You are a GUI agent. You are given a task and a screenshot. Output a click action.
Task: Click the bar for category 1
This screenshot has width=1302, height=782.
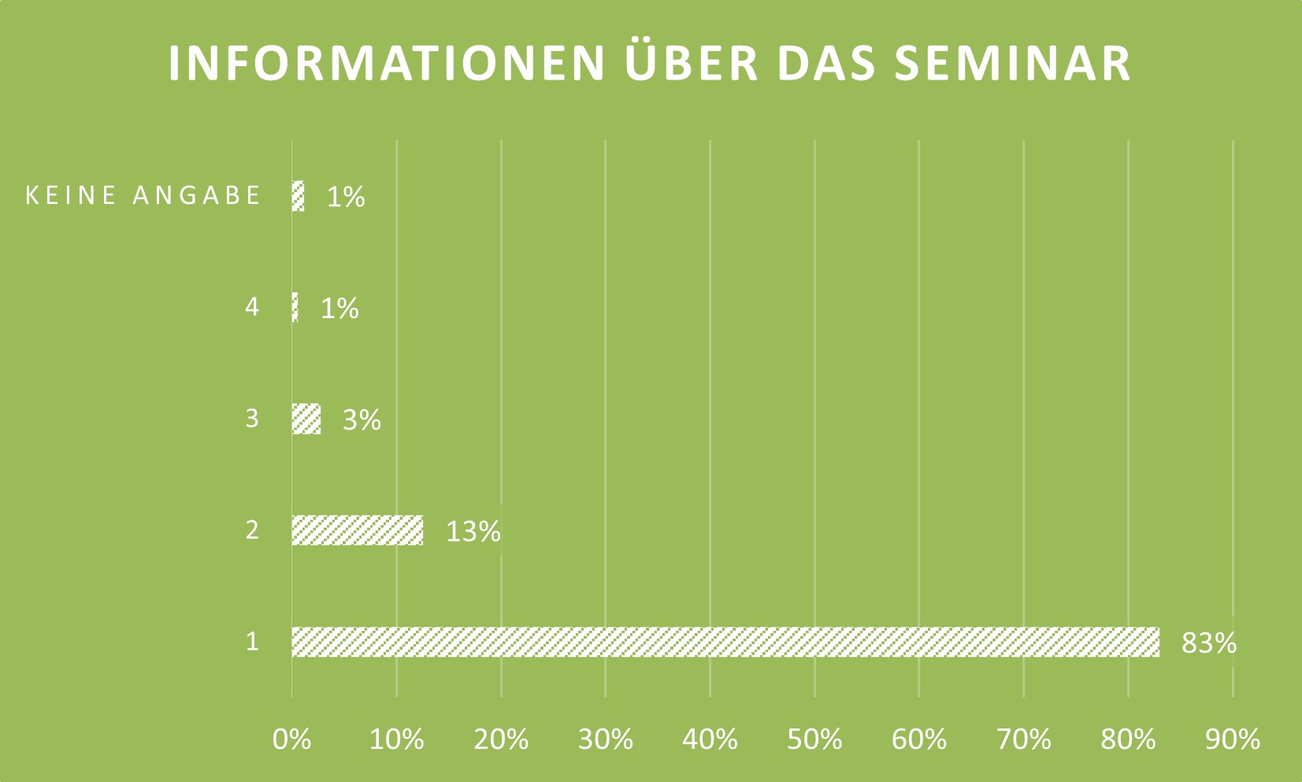click(725, 642)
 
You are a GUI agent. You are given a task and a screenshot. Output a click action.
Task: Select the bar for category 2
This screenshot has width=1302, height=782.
click(357, 530)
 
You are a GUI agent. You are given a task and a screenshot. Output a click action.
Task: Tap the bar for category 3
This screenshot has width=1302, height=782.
click(306, 418)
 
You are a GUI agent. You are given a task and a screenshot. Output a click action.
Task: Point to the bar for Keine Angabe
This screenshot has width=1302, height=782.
click(298, 195)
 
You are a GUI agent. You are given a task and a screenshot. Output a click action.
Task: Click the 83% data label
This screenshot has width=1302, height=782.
click(1208, 643)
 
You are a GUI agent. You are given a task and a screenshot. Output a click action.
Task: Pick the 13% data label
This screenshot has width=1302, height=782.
click(473, 532)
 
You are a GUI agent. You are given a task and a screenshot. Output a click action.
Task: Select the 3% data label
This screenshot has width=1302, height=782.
click(362, 420)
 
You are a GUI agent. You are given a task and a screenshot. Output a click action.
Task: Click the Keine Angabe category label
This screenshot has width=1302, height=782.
click(143, 195)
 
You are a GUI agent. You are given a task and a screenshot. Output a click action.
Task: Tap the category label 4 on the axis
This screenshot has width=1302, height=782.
click(251, 306)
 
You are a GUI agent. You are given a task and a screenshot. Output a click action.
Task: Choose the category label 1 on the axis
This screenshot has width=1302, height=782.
click(251, 641)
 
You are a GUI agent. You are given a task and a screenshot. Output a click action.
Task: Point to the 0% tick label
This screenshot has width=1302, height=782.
click(291, 739)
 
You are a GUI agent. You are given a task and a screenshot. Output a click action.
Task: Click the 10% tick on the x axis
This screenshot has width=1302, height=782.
click(396, 739)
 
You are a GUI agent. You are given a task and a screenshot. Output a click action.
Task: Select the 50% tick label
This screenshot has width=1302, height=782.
click(814, 739)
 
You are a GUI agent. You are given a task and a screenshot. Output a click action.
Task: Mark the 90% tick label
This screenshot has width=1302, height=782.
click(1233, 739)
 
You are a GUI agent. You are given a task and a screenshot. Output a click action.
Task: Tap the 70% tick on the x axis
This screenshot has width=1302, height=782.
click(1023, 739)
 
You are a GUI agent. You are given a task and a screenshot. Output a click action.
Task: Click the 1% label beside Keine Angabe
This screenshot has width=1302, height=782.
click(346, 197)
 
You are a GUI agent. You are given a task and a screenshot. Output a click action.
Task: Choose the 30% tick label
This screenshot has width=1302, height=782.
click(605, 739)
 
